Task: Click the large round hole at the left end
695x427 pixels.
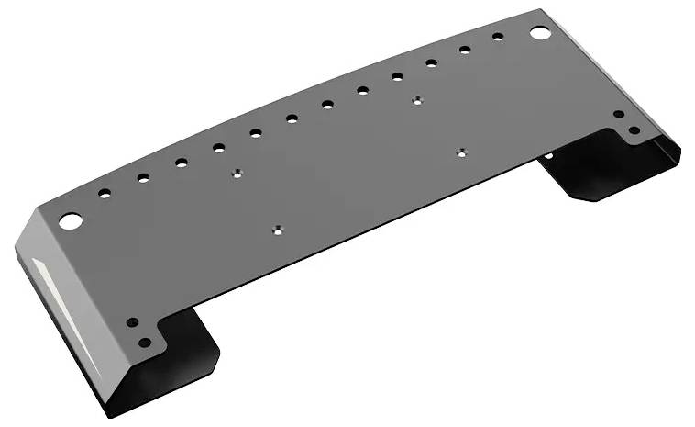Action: coord(71,220)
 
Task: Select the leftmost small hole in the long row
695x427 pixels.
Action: coord(105,193)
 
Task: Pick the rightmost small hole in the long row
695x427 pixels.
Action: coord(498,37)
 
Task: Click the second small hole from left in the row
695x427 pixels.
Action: coord(143,177)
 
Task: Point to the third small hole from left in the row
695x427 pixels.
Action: coord(182,163)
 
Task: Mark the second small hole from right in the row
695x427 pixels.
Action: coord(465,50)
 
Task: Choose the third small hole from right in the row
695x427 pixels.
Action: coord(431,63)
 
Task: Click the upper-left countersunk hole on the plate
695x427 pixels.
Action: coord(237,172)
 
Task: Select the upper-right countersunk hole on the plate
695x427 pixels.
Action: coord(417,100)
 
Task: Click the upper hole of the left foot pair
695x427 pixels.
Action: coord(132,323)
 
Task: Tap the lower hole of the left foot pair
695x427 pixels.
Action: coord(144,343)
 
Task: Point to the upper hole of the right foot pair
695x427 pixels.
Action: coord(619,115)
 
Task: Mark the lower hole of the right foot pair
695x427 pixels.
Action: coord(633,130)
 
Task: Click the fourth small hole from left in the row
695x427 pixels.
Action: coord(218,147)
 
